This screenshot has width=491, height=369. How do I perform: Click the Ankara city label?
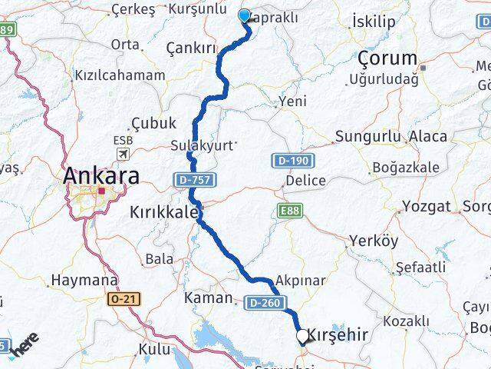tap(102, 175)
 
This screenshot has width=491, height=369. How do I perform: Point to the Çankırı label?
tap(191, 48)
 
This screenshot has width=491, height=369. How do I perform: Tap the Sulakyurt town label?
tap(203, 145)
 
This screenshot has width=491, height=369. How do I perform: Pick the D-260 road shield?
tap(262, 304)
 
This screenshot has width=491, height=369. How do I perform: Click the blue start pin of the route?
tap(245, 16)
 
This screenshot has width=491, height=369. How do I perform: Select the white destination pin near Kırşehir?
tap(303, 336)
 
